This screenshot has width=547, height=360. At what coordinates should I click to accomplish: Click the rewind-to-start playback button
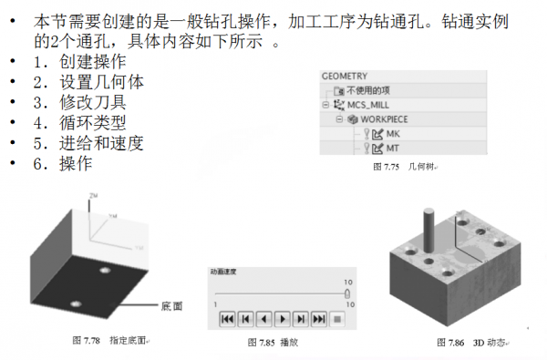pos(226,318)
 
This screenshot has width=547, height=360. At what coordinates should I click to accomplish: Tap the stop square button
pos(336,318)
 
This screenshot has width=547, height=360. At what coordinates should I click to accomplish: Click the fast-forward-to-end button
pos(318,318)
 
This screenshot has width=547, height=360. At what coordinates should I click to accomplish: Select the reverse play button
pos(263,318)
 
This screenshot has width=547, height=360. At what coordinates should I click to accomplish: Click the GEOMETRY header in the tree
pos(344,77)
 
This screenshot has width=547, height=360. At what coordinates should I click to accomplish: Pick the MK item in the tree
pos(393,134)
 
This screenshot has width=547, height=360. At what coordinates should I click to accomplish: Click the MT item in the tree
pos(393,148)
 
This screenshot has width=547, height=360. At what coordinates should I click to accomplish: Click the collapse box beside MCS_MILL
pos(325,105)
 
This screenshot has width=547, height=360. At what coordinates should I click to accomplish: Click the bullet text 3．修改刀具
pos(82,102)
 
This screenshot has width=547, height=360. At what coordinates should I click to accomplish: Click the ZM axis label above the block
pos(94,196)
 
